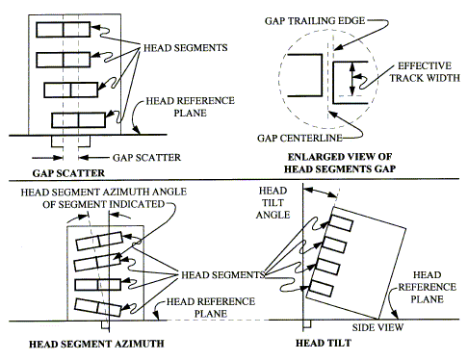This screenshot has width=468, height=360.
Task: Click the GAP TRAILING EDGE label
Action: (315, 21)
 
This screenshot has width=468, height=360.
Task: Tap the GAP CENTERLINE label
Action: (299, 139)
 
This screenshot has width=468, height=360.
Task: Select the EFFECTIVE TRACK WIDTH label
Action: (425, 72)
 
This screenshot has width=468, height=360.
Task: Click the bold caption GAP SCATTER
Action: (68, 173)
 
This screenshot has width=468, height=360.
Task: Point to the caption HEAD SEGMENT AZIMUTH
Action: (96, 344)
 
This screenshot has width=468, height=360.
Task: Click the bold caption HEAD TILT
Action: (324, 343)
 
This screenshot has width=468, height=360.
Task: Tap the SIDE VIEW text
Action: (377, 327)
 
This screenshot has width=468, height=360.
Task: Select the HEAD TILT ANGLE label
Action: (273, 203)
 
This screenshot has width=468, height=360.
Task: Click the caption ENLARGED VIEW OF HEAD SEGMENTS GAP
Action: (340, 163)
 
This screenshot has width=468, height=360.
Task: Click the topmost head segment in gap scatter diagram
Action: (64, 30)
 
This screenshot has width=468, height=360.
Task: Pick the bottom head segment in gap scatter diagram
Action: (78, 120)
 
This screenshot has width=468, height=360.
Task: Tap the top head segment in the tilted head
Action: (341, 222)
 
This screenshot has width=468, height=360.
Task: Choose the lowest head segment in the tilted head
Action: (322, 288)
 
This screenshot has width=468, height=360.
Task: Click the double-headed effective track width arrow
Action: (352, 79)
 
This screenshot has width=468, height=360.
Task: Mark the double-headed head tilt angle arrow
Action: (321, 193)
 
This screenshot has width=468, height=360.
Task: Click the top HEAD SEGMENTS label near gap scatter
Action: (185, 48)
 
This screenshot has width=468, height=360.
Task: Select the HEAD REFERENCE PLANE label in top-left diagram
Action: (190, 107)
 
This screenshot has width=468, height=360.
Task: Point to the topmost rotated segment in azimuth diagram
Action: (99, 241)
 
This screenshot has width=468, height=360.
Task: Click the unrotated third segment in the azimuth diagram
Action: (97, 285)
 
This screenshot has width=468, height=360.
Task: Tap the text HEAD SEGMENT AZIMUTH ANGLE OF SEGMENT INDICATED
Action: (103, 198)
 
